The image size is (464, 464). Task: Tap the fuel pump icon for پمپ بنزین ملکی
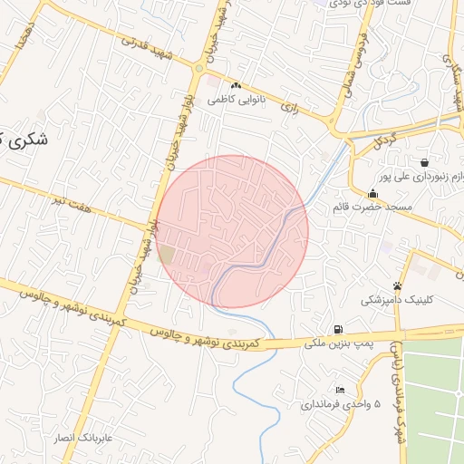(x=338, y=329)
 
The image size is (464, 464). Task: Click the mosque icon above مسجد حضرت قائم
(x=372, y=193)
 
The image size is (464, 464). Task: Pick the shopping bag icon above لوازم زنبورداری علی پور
(x=425, y=162)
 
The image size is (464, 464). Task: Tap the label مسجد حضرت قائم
(x=372, y=208)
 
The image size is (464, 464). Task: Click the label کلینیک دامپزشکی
(x=397, y=299)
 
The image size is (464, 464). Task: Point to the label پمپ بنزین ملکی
(x=337, y=343)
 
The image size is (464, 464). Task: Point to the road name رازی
(x=290, y=106)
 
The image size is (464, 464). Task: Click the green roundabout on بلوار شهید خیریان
(x=199, y=68)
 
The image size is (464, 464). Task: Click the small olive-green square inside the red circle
(x=167, y=255)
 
